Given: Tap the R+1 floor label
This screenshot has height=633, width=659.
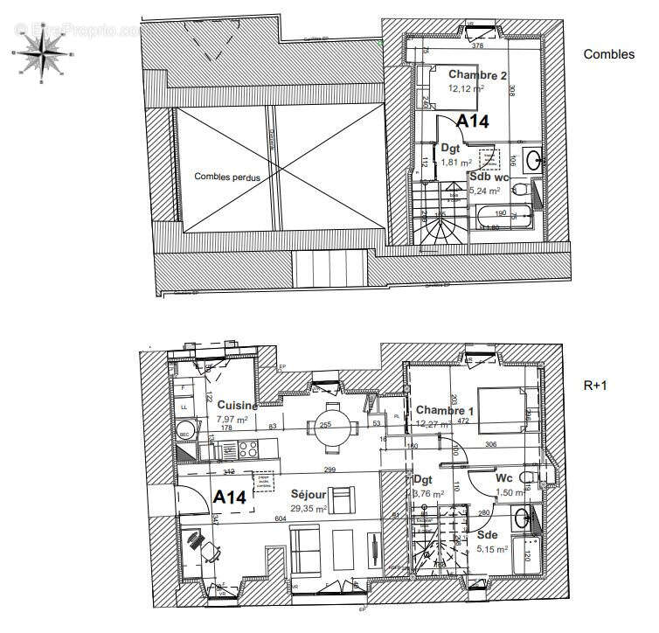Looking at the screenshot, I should [597, 383].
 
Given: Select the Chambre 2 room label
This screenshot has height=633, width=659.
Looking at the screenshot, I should [478, 76].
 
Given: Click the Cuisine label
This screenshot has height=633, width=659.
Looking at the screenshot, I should [238, 406].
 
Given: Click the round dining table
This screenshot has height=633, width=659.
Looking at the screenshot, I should [331, 427].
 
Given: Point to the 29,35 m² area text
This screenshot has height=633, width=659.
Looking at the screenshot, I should [309, 508].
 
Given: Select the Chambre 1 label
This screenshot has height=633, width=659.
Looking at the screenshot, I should [446, 411].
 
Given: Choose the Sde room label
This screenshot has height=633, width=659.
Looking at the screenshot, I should [488, 534].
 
